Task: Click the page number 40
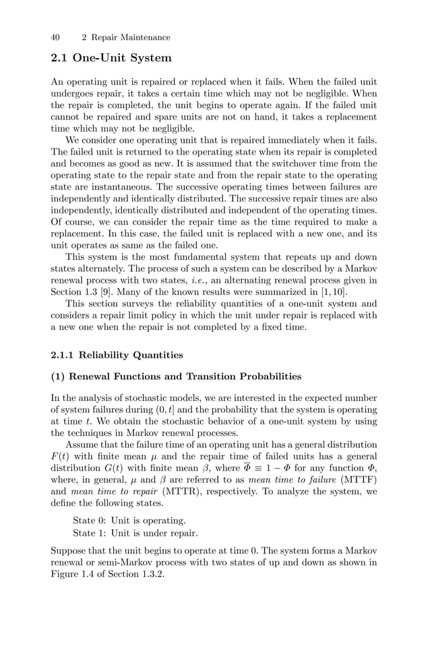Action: click(56, 37)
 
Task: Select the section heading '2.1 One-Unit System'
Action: click(111, 58)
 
